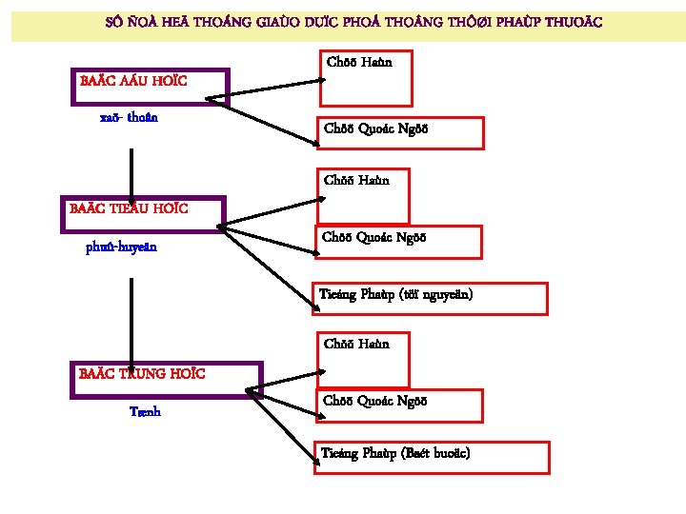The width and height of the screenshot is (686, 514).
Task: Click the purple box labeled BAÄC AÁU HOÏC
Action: (x=151, y=85)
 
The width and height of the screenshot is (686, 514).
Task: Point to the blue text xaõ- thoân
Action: (x=129, y=119)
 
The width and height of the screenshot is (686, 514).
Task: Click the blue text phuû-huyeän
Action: (x=122, y=247)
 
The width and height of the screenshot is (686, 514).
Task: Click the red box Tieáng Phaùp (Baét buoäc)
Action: (x=434, y=457)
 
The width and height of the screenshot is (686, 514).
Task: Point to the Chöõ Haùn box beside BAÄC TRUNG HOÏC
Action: (x=365, y=359)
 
